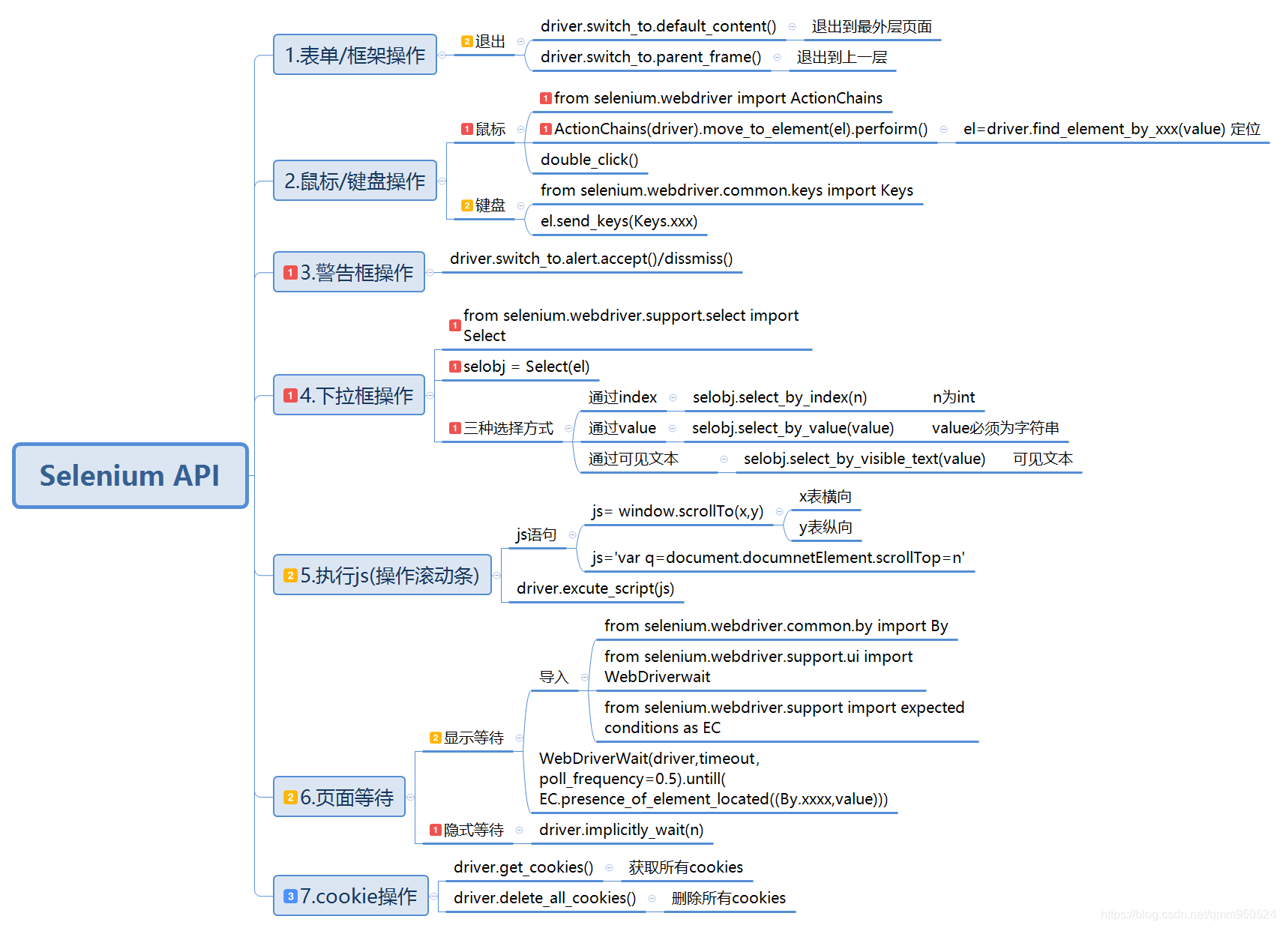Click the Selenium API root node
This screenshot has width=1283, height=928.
click(130, 475)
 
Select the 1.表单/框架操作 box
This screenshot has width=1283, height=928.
click(355, 55)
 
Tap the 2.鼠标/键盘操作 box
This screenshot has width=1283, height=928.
click(355, 181)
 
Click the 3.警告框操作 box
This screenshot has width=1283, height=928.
click(349, 272)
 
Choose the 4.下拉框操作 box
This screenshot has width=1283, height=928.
click(349, 395)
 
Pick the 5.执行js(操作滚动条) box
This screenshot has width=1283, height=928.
click(382, 575)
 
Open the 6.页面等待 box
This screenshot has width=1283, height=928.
click(340, 797)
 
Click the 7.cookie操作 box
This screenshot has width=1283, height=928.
click(351, 896)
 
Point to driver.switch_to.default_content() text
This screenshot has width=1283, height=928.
click(658, 26)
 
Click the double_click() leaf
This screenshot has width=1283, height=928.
click(589, 160)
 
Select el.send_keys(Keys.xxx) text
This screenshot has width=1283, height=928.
click(619, 221)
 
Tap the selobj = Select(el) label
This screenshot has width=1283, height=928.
click(526, 367)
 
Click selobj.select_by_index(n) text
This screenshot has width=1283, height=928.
click(779, 397)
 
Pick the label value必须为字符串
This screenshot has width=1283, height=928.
click(995, 428)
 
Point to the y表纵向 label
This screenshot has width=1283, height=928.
click(825, 527)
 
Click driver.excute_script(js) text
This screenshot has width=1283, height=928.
click(595, 588)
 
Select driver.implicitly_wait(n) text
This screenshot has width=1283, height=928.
click(621, 830)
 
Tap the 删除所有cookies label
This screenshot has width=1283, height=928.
click(728, 898)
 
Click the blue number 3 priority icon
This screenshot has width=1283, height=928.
click(291, 897)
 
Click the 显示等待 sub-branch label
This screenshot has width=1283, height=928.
click(473, 738)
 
